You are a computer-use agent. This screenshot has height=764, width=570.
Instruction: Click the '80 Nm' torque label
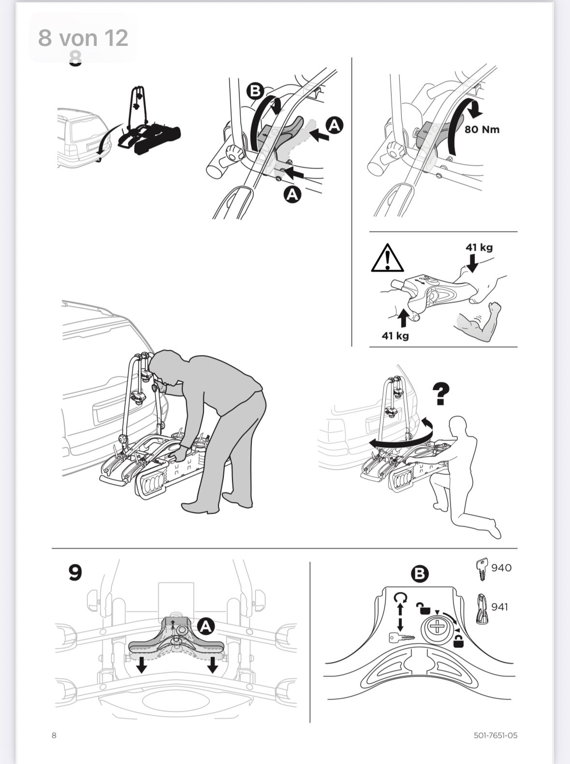tap(482, 130)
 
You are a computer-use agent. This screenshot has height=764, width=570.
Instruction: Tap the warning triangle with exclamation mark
tap(388, 258)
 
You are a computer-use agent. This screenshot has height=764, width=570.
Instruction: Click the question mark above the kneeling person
tap(441, 394)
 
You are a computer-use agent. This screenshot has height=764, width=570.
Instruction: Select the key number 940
tap(501, 568)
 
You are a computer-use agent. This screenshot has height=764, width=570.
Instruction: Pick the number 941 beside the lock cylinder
tap(500, 606)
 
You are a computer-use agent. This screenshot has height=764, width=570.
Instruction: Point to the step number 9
tap(75, 573)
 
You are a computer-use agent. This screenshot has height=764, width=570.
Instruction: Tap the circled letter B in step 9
tap(420, 574)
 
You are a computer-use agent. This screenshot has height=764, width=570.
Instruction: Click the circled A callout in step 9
tap(206, 626)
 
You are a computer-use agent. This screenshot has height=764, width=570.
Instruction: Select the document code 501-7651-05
tap(496, 735)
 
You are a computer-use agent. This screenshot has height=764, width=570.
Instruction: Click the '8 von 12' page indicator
tap(83, 38)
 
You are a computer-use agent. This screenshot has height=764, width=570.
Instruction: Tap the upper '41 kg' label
tap(479, 247)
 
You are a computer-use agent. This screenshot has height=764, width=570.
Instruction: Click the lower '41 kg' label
tap(395, 335)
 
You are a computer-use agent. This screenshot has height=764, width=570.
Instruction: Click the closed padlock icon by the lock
tap(459, 641)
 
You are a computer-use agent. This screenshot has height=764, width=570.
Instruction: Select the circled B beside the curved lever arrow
tap(255, 91)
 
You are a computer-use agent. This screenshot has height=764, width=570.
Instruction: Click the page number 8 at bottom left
tap(54, 735)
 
